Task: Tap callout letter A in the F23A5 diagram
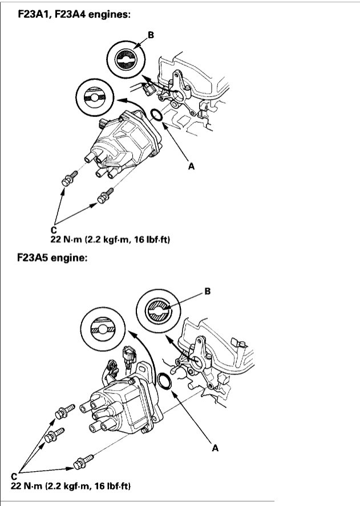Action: [215, 448]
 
